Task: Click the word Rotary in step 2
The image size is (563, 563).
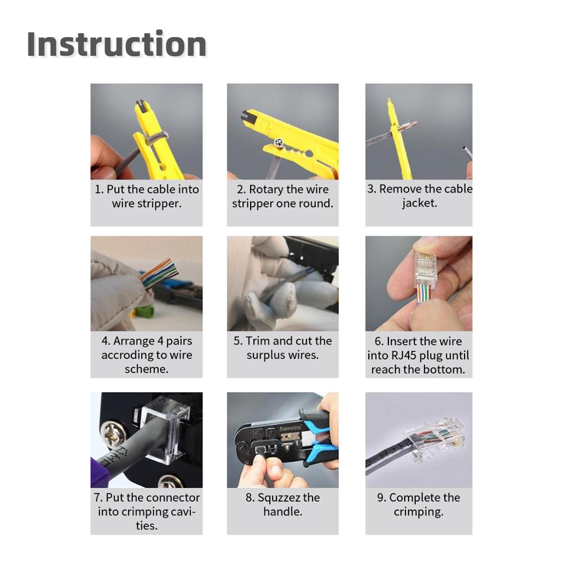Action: [266, 189]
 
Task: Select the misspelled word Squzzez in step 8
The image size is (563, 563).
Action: [279, 498]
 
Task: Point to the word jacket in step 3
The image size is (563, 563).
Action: [419, 203]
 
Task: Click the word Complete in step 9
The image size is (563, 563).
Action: [414, 498]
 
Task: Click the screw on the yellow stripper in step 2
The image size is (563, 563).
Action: [278, 143]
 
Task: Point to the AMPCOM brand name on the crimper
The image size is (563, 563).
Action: [290, 428]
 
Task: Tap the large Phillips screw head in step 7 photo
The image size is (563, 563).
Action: [113, 436]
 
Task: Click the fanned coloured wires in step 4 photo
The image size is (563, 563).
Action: [160, 273]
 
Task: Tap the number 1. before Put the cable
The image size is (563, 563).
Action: [99, 189]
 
